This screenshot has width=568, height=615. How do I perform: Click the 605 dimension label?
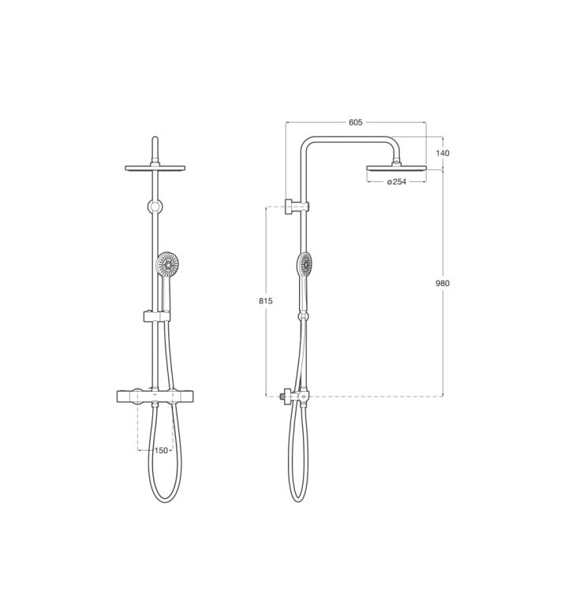pyautogui.click(x=355, y=122)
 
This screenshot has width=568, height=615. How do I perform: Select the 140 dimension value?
pyautogui.click(x=443, y=153)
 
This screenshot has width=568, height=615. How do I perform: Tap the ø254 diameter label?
pyautogui.click(x=397, y=181)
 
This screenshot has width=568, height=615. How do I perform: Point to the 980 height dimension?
pyautogui.click(x=443, y=283)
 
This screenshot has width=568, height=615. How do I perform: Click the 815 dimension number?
pyautogui.click(x=266, y=301)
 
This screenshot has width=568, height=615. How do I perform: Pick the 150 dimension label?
pyautogui.click(x=161, y=450)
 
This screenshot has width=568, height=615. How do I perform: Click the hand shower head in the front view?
pyautogui.click(x=167, y=264)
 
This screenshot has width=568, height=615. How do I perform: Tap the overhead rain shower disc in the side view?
pyautogui.click(x=396, y=168)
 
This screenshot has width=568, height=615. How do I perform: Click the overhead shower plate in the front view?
pyautogui.click(x=155, y=168)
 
